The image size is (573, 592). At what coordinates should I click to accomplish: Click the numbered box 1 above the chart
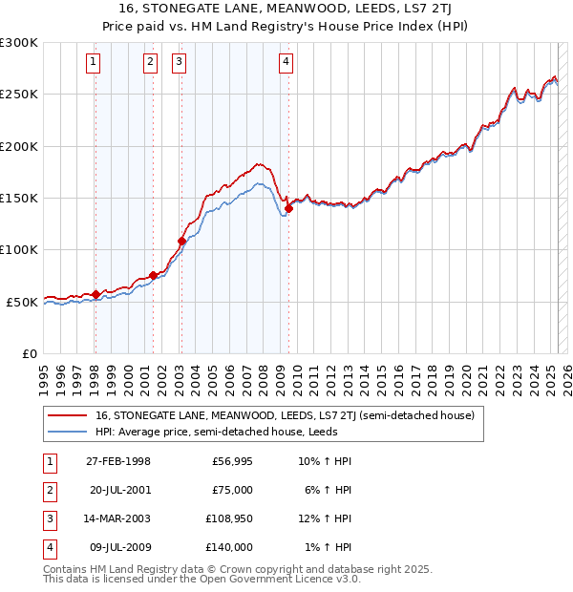point(94,63)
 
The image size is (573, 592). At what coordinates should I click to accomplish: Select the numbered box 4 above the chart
point(286,63)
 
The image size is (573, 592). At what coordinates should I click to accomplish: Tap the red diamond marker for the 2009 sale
point(288,209)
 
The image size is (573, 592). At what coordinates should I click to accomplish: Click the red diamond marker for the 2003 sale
point(181,241)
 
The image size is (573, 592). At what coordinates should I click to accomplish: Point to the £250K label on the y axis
point(19,95)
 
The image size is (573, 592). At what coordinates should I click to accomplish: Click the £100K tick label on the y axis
point(19,249)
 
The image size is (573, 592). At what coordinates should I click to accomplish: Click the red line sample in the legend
point(67,416)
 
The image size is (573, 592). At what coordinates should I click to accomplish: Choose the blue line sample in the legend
point(67,432)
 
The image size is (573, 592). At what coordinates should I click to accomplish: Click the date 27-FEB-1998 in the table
point(118,462)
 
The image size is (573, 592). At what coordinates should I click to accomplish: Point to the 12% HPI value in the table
point(326,519)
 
